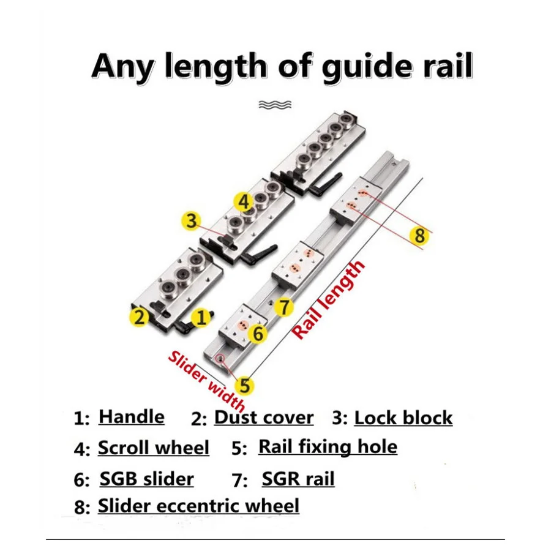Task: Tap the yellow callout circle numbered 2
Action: coord(140,317)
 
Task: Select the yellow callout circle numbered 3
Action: coord(192,220)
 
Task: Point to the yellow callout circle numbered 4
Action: coord(244,201)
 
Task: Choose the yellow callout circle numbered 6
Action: coord(258,334)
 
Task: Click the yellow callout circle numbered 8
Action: coord(419,235)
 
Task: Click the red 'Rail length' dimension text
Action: coord(329,300)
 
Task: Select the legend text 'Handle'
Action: coord(132,418)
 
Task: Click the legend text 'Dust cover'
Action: coord(263,418)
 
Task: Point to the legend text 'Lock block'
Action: coord(403,418)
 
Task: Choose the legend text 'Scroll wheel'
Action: coord(154,448)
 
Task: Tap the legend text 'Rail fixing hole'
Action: coord(328,447)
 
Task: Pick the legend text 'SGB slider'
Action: coord(146,479)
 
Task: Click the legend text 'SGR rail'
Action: coord(298,478)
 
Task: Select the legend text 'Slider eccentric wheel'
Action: coord(198,506)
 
